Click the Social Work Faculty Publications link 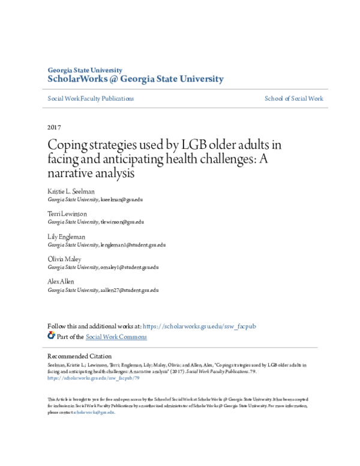(x=91, y=98)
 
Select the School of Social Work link (x=293, y=98)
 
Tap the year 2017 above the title (x=54, y=127)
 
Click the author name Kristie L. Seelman (x=71, y=192)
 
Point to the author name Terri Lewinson (x=67, y=214)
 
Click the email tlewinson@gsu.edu (x=123, y=222)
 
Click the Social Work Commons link (x=116, y=337)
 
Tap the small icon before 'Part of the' (x=52, y=336)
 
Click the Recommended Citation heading (x=79, y=356)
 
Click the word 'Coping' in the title (x=67, y=145)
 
